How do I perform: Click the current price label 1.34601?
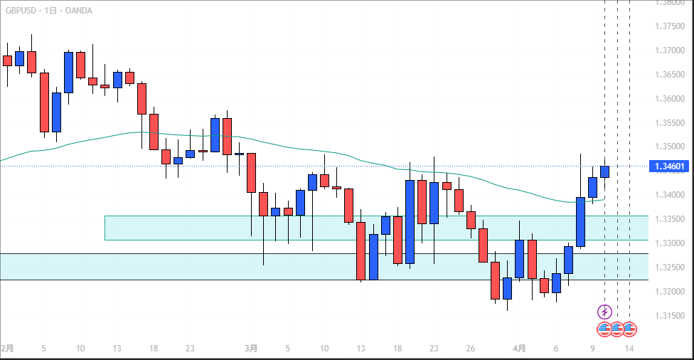click(x=668, y=166)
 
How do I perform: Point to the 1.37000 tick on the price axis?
click(x=668, y=51)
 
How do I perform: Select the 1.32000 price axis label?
click(x=668, y=292)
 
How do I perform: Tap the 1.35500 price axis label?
click(x=668, y=123)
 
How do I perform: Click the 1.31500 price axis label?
click(x=668, y=316)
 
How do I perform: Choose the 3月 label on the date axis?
click(x=251, y=349)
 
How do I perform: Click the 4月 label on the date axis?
click(x=520, y=349)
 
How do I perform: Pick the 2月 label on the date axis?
click(x=6, y=349)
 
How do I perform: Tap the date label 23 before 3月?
click(x=190, y=349)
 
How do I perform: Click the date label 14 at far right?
click(x=629, y=349)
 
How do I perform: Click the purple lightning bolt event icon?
click(x=604, y=312)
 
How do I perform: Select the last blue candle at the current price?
click(x=604, y=171)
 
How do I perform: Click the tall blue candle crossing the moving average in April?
click(x=580, y=221)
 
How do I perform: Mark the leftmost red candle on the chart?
click(x=7, y=60)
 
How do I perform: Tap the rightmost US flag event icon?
click(x=629, y=329)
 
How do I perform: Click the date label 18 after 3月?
click(x=397, y=349)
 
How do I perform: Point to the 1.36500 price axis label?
click(x=668, y=75)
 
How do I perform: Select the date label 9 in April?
click(x=592, y=349)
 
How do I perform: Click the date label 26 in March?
click(x=471, y=349)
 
